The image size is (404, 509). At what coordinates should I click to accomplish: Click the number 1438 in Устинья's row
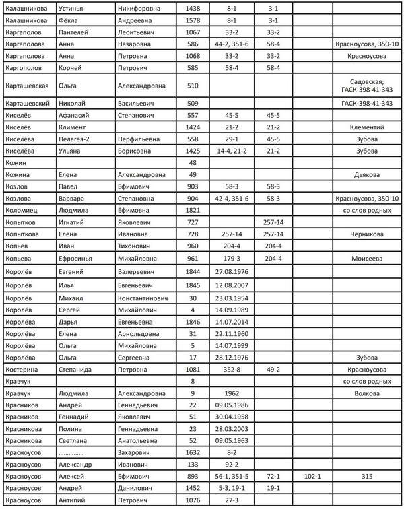pos(193,7)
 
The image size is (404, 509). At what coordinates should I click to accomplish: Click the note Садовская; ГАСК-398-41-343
pos(367,86)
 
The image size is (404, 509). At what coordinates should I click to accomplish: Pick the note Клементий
pos(367,127)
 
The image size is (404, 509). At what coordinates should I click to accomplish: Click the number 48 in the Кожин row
pos(193,163)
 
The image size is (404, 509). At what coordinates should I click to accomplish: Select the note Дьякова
pos(367,175)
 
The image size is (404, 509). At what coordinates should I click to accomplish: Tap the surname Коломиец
pos(24,211)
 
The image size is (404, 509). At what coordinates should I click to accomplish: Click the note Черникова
pos(367,234)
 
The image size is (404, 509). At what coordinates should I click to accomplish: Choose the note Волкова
pos(367,393)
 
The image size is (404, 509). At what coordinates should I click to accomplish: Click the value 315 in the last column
pos(367,475)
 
